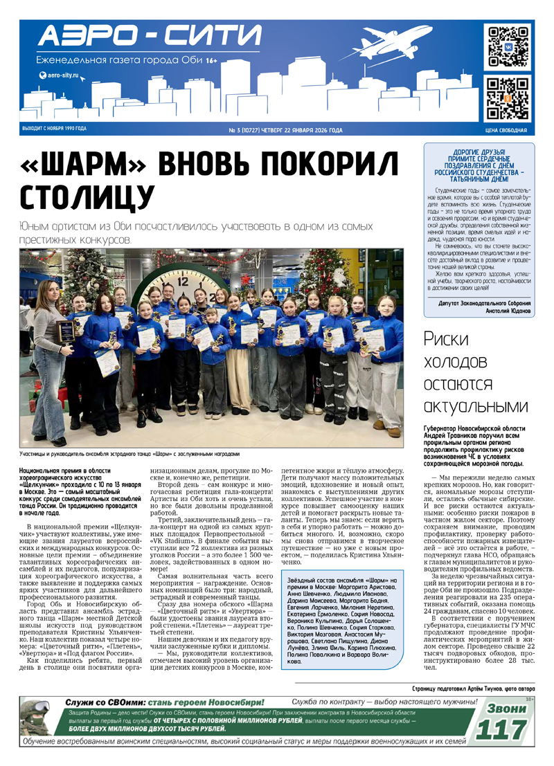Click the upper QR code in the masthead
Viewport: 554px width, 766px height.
(508, 46)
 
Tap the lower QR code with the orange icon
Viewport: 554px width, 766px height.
(508, 98)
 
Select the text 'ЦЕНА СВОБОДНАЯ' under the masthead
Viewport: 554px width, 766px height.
(506, 130)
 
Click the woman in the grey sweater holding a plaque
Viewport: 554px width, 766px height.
(49, 353)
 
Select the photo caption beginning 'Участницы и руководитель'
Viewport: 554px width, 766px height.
(129, 455)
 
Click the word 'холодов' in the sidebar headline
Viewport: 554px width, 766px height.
(456, 362)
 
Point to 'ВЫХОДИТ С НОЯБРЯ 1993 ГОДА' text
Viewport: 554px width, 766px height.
(54, 129)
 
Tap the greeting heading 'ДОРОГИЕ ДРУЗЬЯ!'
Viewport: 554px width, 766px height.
(479, 152)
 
